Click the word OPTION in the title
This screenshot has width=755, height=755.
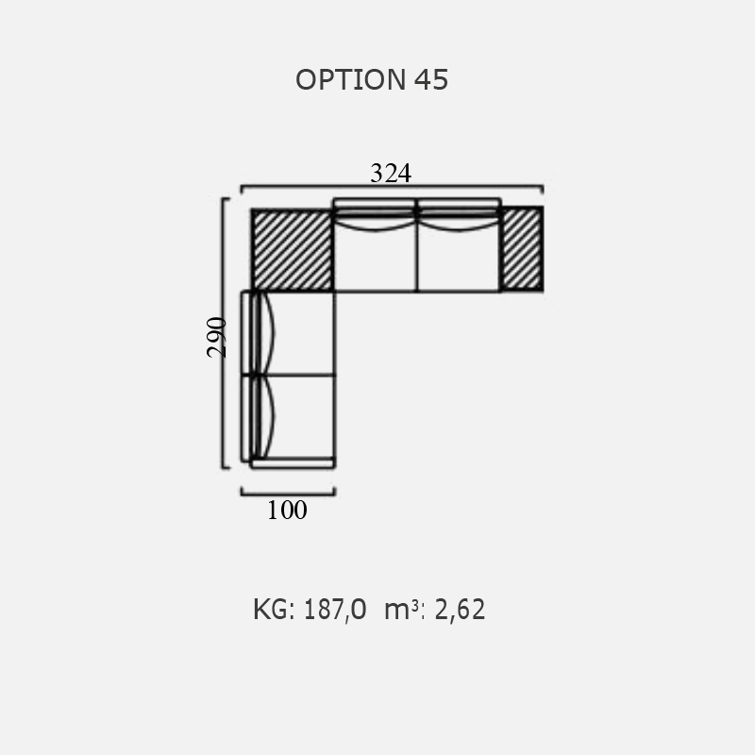[350, 79]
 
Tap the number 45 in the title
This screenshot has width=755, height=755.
[431, 79]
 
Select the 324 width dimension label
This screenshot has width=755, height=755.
[391, 174]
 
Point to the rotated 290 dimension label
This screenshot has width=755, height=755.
[216, 337]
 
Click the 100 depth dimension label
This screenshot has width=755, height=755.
[287, 510]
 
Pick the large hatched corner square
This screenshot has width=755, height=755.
[293, 250]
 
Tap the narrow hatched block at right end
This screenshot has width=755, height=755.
[522, 248]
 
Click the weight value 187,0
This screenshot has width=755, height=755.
[335, 610]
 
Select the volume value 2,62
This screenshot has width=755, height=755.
[460, 610]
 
